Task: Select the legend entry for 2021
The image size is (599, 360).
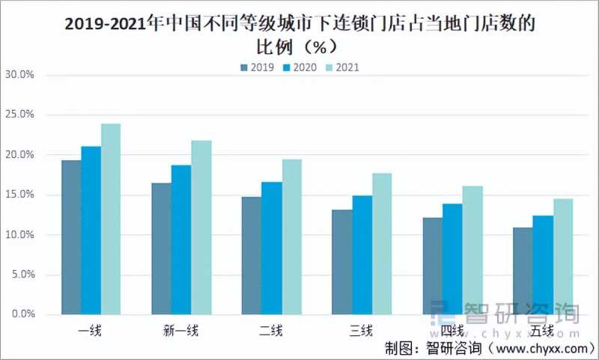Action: point(341,67)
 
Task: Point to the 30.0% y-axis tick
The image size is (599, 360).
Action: point(20,75)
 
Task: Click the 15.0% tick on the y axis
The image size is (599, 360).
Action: point(20,195)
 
